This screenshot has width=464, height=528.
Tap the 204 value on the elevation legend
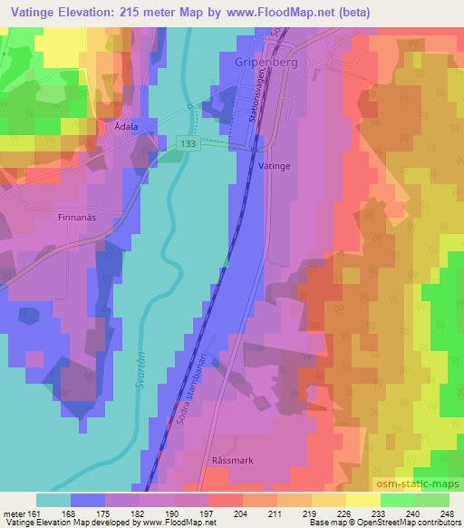[242, 513]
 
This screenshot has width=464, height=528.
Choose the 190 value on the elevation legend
[173, 513]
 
